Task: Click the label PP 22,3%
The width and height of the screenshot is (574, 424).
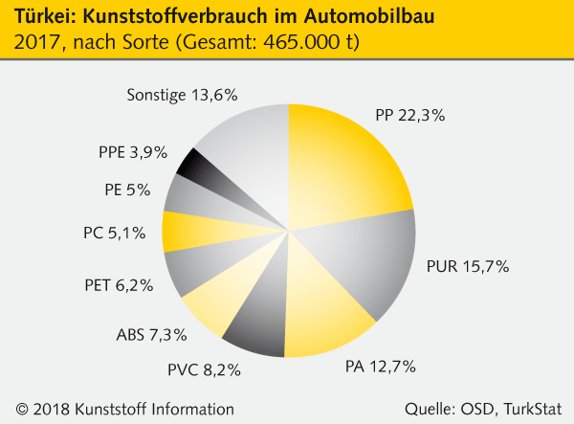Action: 410,116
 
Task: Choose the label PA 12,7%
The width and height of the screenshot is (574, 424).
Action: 384,365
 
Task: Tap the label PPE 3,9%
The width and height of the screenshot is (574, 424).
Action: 133,151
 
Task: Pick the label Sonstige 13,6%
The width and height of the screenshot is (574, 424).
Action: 181,95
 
